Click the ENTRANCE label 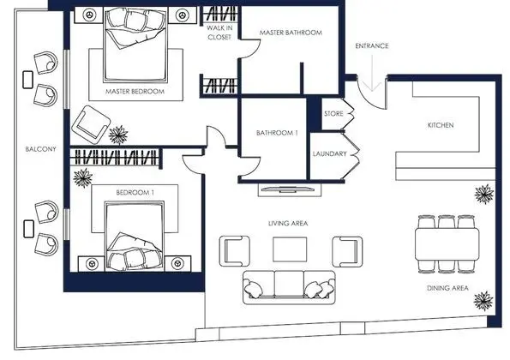point(373,45)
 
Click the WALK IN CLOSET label point(220,33)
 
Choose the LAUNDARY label point(330,154)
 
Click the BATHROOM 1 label point(276,133)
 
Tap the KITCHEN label point(441,126)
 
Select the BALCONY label point(40,150)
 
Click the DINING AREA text point(446,289)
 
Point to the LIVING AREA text point(288,223)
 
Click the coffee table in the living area point(288,249)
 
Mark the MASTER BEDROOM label point(135,90)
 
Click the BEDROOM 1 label point(135,192)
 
